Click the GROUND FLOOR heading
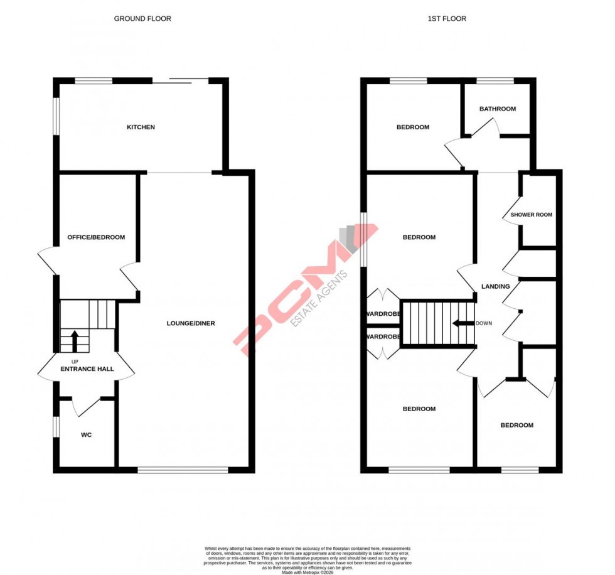(x=142, y=19)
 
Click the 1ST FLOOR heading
(x=447, y=19)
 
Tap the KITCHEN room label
(x=141, y=127)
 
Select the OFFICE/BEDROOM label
(x=97, y=237)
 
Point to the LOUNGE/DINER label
(x=191, y=323)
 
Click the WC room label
(x=87, y=434)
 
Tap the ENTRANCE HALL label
(x=87, y=368)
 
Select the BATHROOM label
(x=498, y=109)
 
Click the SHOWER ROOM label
(x=532, y=215)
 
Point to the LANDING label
(x=495, y=287)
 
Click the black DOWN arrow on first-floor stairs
(x=463, y=324)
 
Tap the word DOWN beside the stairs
(x=484, y=324)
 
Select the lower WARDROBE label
(x=383, y=337)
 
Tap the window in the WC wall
(x=56, y=426)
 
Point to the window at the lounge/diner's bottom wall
(x=183, y=470)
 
